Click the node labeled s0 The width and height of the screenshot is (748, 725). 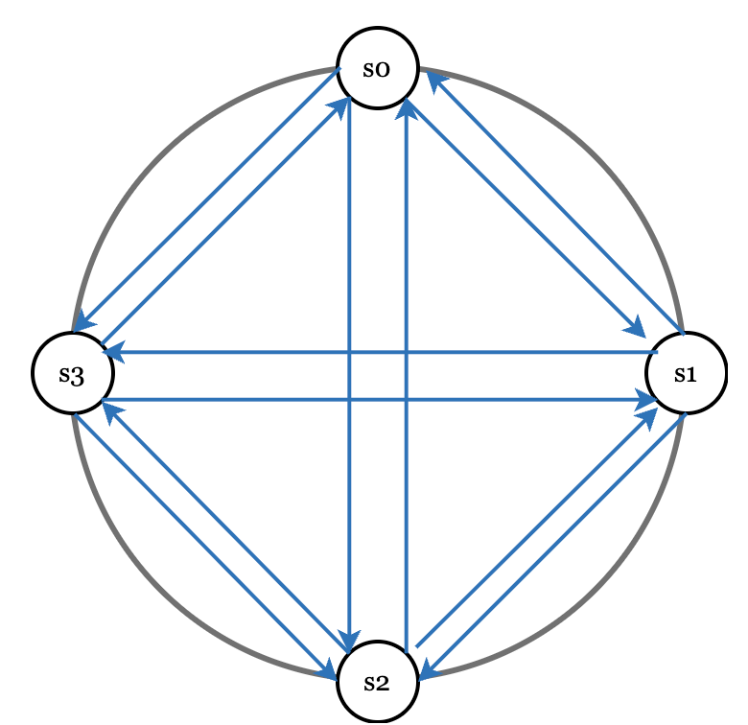[x=378, y=68]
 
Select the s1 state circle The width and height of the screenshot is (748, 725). [x=686, y=373]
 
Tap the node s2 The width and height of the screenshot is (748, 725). [x=378, y=682]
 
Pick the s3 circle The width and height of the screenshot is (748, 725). [x=72, y=374]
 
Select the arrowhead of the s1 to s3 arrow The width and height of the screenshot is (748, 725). [x=112, y=353]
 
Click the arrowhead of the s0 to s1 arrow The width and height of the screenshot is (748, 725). [x=636, y=326]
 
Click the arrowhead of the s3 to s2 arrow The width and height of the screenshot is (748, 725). [x=329, y=664]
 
